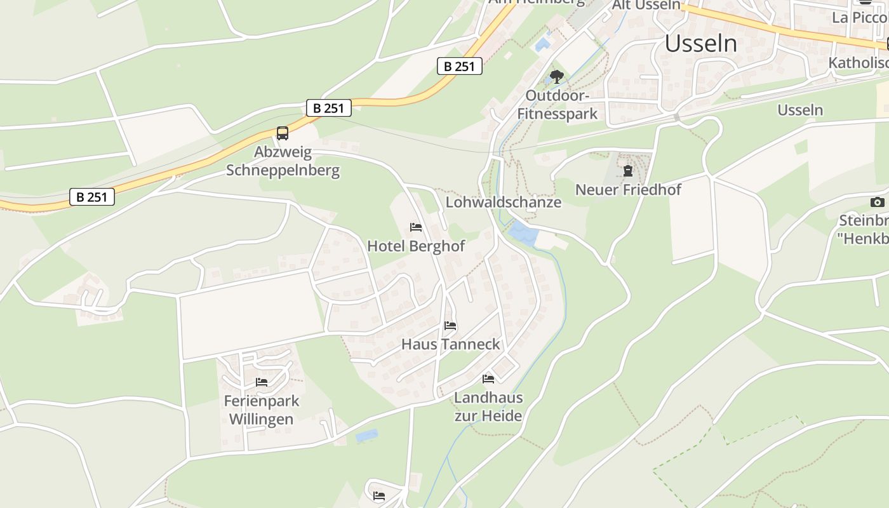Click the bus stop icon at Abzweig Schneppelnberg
283,133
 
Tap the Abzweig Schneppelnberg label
283,161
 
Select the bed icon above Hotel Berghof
416,227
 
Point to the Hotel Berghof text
416,246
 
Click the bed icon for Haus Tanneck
450,326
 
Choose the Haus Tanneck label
451,344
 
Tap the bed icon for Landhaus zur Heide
488,379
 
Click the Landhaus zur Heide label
488,406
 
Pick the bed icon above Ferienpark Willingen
261,382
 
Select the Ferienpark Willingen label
261,410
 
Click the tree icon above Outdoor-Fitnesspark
557,77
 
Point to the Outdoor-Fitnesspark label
558,105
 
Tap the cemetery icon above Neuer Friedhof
628,170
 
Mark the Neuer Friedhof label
628,189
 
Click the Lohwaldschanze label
504,202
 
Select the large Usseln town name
701,44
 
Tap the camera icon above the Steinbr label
877,202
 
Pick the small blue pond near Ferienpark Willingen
367,436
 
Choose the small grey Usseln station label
800,110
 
